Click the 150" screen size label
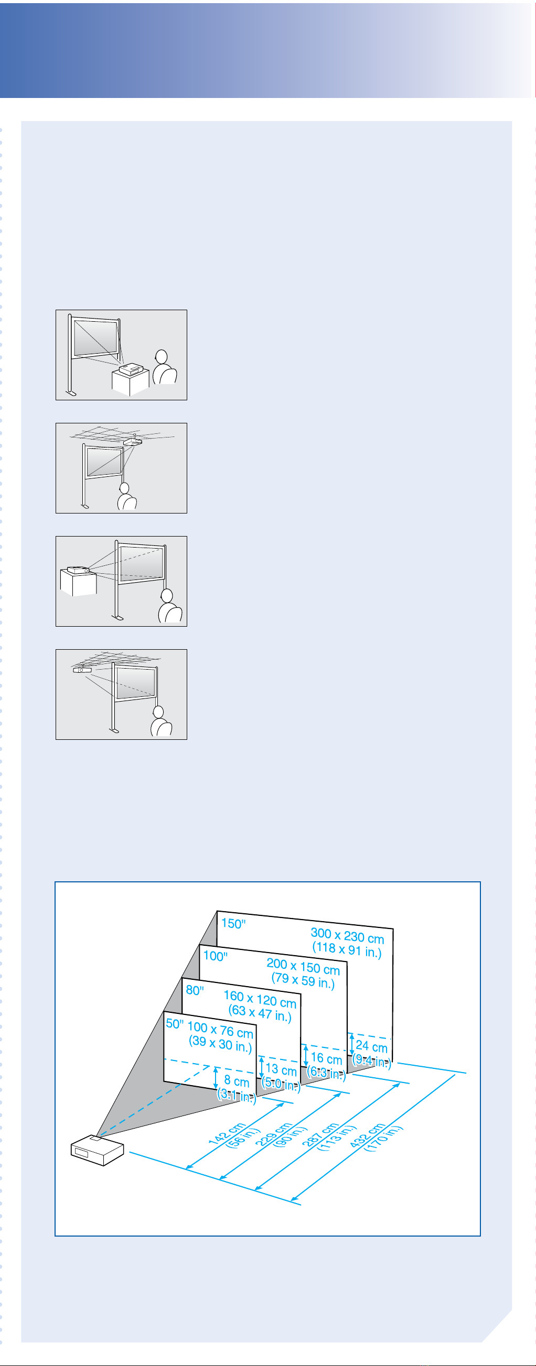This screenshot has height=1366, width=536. click(x=233, y=923)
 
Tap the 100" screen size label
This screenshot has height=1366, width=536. click(x=216, y=956)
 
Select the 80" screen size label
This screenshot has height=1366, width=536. click(x=195, y=990)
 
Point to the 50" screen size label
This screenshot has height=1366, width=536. click(x=175, y=1023)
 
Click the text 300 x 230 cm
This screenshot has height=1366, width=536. click(x=347, y=936)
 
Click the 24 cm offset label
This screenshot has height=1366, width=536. click(x=371, y=1046)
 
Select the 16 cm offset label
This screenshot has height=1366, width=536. click(x=326, y=1058)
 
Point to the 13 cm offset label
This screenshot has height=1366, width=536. click(x=281, y=1069)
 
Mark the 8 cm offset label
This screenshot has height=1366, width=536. click(x=237, y=1081)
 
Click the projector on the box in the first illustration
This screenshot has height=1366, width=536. click(x=131, y=368)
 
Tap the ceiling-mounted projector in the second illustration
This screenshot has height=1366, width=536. click(x=133, y=441)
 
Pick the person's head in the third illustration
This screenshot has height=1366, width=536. click(x=167, y=596)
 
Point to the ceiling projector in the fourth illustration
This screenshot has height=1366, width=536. click(x=82, y=669)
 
